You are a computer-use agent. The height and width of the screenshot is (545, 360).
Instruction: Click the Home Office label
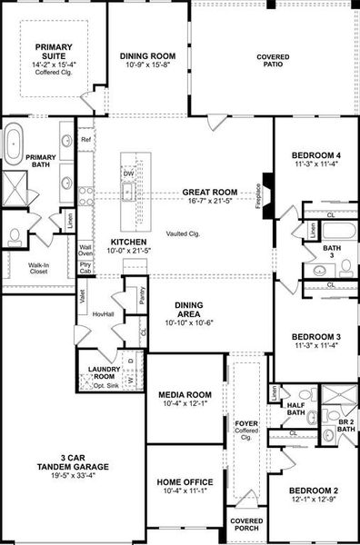(185, 481)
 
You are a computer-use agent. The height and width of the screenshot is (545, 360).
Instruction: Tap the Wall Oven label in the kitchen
(85, 252)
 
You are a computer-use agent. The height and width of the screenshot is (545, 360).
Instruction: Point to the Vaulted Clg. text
(183, 233)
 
